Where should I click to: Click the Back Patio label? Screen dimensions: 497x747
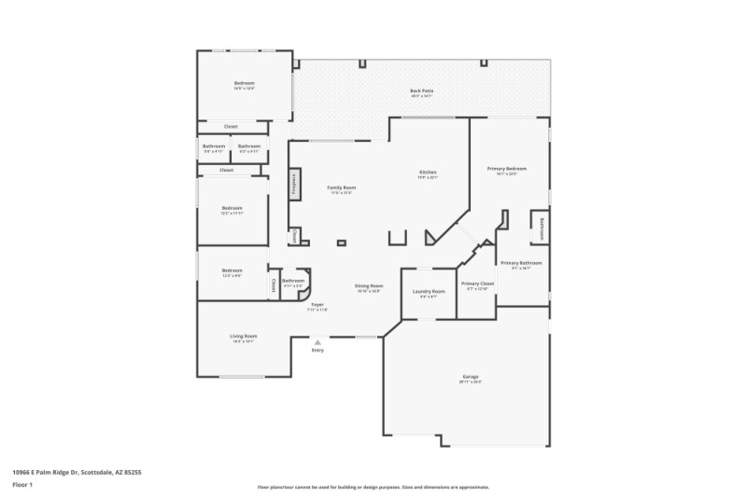(x=421, y=92)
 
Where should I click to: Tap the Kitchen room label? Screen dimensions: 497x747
(x=428, y=173)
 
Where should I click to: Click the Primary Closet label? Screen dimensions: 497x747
(x=477, y=284)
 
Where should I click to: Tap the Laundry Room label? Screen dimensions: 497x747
(x=429, y=293)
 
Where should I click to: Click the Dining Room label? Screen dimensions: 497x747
(x=369, y=287)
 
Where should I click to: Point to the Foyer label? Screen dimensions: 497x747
(x=317, y=306)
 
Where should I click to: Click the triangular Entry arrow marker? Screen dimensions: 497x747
(x=317, y=342)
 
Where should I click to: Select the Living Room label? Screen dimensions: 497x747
(x=244, y=338)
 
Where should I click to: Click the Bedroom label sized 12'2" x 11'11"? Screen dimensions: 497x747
(x=232, y=210)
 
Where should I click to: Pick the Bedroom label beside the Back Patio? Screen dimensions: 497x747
(x=244, y=85)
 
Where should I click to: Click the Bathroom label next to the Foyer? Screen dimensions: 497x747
(x=293, y=282)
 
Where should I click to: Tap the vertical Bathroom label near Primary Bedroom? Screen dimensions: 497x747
(x=542, y=228)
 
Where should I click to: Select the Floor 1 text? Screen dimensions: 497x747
(x=22, y=486)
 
